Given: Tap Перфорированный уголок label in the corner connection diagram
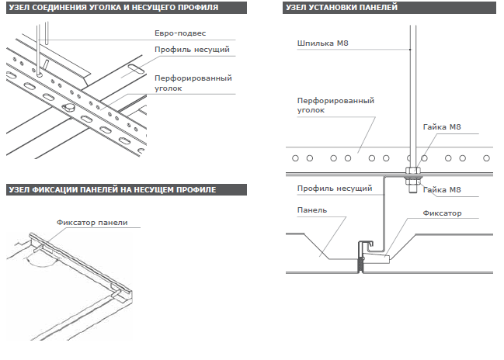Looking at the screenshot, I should coord(193,83).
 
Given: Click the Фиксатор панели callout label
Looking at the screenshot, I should coord(92,222).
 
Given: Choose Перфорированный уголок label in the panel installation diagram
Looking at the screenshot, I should coord(336,106).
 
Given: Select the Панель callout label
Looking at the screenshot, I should coord(311,209).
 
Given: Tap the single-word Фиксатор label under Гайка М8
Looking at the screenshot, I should coord(442,213).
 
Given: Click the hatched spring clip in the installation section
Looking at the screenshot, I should coord(360,264).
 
